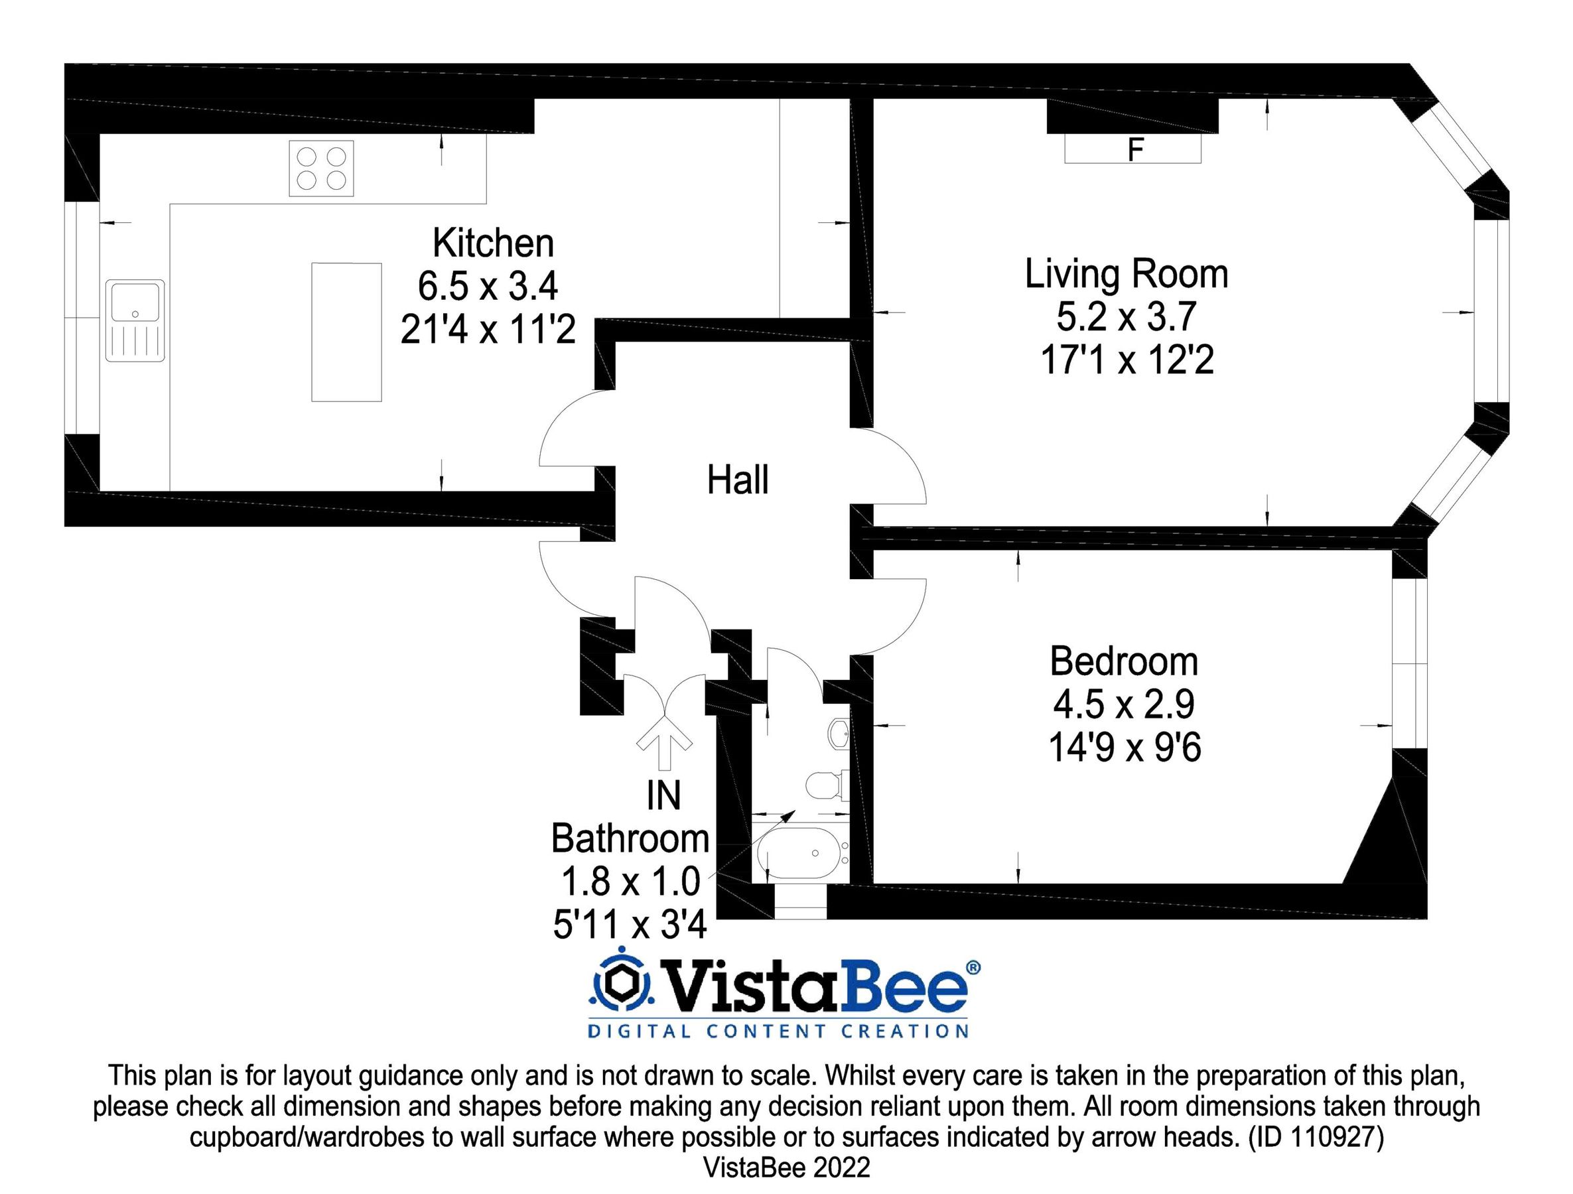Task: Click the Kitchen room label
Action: tap(493, 243)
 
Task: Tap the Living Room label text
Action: tap(1127, 274)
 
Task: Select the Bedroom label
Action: tap(1125, 661)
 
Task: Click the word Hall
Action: tap(738, 480)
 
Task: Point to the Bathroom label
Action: tap(630, 838)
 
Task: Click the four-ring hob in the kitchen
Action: tap(321, 168)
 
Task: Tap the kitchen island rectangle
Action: tap(346, 332)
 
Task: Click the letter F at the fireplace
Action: tap(1136, 150)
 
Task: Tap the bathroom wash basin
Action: tap(839, 732)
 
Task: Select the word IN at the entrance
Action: tap(663, 796)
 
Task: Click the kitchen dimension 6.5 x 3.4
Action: tap(488, 286)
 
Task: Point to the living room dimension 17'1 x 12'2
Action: tap(1127, 360)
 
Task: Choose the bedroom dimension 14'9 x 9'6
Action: tap(1125, 748)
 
